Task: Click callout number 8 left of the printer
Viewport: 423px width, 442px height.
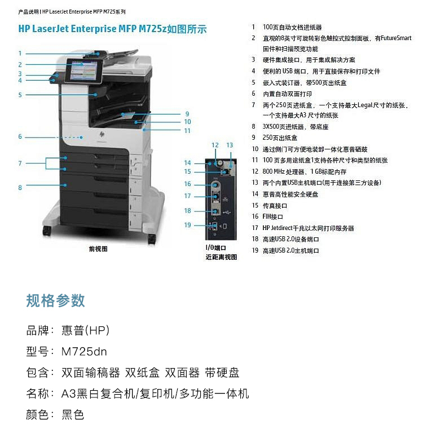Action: click(20, 188)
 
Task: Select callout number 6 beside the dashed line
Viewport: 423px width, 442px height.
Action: click(20, 137)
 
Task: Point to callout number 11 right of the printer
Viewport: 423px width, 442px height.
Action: click(187, 131)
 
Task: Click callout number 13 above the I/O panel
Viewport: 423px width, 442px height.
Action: click(230, 145)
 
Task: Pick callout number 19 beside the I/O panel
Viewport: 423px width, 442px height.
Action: click(187, 226)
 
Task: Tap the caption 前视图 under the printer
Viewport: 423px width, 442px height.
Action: click(98, 249)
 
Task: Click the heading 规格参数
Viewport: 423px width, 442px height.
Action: click(55, 300)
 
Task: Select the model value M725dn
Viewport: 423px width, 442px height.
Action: click(84, 352)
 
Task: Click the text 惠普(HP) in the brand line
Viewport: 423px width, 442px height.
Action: click(85, 330)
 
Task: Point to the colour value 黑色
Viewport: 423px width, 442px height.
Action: click(73, 415)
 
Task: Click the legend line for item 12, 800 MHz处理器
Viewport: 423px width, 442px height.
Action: click(305, 172)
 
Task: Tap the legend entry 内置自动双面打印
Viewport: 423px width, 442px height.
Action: click(287, 94)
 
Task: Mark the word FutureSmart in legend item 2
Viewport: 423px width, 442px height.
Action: click(397, 38)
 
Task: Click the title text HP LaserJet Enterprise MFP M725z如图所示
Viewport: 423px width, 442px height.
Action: click(112, 28)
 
